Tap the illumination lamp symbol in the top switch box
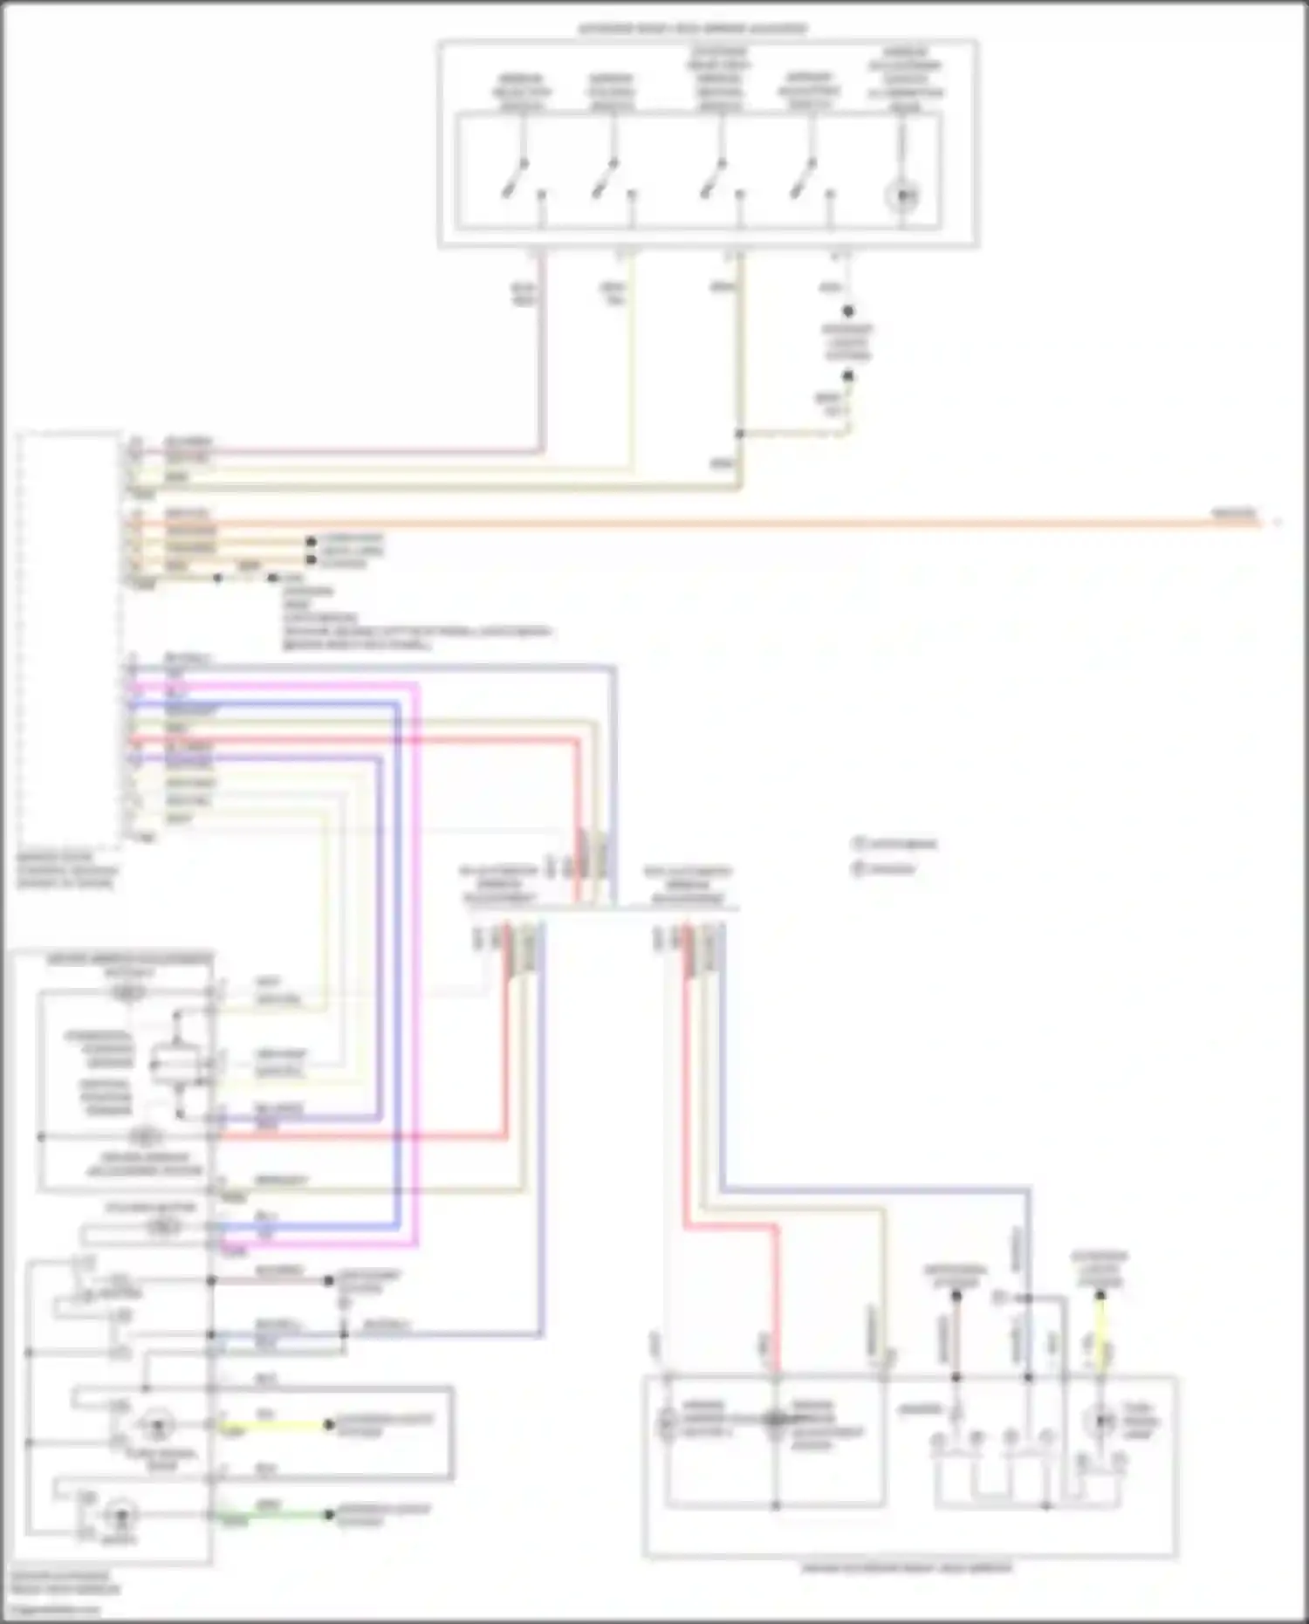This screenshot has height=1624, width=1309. click(903, 196)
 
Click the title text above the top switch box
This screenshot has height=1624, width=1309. click(694, 29)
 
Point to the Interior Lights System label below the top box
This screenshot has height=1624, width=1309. click(847, 343)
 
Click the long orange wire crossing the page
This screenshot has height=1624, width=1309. click(698, 524)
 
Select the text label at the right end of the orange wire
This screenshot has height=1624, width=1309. click(1235, 513)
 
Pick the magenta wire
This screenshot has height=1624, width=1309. click(416, 960)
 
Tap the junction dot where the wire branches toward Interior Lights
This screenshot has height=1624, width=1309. click(739, 434)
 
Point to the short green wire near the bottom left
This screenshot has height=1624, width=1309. click(275, 1516)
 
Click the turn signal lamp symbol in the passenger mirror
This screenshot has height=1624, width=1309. click(1100, 1420)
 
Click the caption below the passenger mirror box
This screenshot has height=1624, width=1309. click(908, 1568)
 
